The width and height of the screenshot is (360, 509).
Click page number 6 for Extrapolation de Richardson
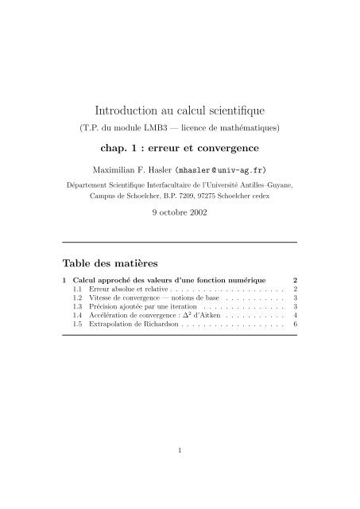tap(294, 336)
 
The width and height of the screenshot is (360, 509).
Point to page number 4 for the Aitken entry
tap(294, 325)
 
